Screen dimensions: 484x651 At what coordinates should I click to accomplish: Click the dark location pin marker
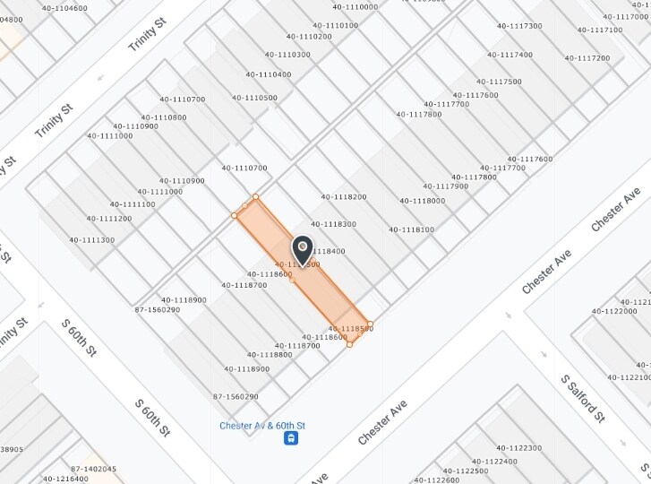point(303,247)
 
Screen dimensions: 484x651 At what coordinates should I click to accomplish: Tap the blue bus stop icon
point(291,438)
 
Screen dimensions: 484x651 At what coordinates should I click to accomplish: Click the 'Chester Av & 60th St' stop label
point(262,425)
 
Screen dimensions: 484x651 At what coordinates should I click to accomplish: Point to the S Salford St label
point(584,400)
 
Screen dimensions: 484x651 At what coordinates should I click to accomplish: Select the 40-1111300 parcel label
point(91,239)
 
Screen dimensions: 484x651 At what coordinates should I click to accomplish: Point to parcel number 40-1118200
point(344,196)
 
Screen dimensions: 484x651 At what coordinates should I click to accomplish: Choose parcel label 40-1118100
point(411,229)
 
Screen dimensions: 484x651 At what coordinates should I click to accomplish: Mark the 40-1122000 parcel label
point(614,311)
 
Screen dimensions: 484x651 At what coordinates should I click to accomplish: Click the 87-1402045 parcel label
point(93,469)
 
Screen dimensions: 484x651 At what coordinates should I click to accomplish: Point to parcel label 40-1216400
point(65,479)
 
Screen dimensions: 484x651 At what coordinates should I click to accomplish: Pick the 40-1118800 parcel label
point(270,354)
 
